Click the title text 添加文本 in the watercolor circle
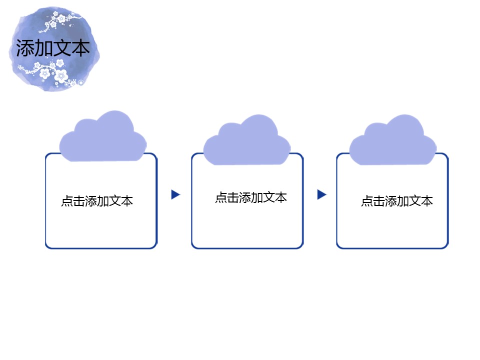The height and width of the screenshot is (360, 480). pos(53,48)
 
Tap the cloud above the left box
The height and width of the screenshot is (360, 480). pos(103,136)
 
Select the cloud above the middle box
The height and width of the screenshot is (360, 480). pos(247,140)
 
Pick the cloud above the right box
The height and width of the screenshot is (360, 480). pos(393,140)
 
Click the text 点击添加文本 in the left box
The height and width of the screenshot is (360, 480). pos(97,201)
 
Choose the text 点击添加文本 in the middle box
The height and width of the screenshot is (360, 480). pos(251,197)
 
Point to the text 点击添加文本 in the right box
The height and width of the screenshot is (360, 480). pos(397,201)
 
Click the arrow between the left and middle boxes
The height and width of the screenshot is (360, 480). pos(175,194)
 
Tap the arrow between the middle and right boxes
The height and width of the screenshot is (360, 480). pos(322,194)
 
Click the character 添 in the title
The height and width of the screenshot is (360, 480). pos(25,48)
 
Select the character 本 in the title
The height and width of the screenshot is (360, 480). pos(81,48)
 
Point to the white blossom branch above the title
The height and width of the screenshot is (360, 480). pos(59,21)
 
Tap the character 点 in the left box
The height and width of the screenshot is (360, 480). pos(67,201)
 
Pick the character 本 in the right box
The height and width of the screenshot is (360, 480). pos(427,201)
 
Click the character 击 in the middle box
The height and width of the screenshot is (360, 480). pos(233,197)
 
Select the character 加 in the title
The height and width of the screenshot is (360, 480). pos(44,48)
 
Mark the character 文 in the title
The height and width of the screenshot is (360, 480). pos(62,48)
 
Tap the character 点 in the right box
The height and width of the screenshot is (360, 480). pos(367,201)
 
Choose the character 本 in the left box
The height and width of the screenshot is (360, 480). pos(127,201)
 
